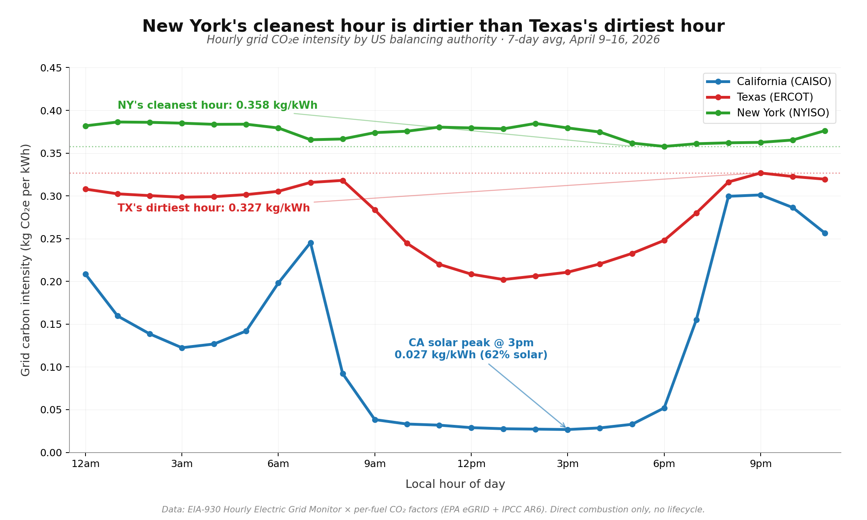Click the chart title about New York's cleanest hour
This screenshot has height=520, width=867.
click(x=433, y=26)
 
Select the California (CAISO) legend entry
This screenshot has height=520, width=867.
click(x=784, y=81)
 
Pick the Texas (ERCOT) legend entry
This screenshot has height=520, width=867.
click(x=775, y=97)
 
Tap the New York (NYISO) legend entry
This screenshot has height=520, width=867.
click(x=783, y=113)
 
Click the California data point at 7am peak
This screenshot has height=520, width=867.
click(x=311, y=243)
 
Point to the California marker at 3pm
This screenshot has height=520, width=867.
click(x=568, y=429)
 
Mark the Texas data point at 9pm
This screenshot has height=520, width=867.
click(x=761, y=173)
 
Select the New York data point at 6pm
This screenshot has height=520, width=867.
click(x=664, y=146)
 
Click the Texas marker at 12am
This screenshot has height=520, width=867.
click(x=85, y=189)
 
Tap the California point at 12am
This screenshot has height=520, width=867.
click(x=85, y=274)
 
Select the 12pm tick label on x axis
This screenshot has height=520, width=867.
click(x=471, y=464)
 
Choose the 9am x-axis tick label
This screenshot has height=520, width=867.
click(x=375, y=464)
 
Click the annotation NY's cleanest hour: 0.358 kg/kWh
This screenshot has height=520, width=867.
click(x=217, y=106)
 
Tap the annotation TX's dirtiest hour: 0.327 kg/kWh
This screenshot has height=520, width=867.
click(x=214, y=208)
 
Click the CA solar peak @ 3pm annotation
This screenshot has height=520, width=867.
click(x=471, y=349)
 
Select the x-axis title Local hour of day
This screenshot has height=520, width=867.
click(x=455, y=484)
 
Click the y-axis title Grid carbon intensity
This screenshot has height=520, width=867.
click(x=26, y=260)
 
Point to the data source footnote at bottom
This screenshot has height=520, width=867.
click(x=433, y=510)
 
